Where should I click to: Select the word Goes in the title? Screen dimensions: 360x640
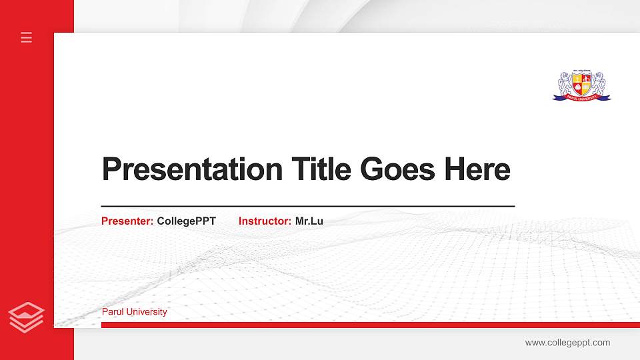[397, 169]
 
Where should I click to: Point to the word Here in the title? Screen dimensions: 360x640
[477, 169]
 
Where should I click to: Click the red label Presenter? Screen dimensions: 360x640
[127, 221]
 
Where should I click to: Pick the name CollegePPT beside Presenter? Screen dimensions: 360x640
[186, 221]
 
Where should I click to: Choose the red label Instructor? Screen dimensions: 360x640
[265, 221]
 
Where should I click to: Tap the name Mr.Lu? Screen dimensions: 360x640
[309, 221]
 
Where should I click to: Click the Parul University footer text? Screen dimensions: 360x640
[134, 312]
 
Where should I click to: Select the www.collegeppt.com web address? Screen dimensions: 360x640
[567, 343]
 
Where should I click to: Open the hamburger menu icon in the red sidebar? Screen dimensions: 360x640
[27, 37]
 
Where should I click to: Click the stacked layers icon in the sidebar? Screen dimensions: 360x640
[26, 316]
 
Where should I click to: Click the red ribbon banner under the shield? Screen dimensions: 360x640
[581, 97]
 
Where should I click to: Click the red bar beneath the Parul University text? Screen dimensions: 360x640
[367, 325]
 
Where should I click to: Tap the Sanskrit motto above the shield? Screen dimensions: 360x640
[581, 71]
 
